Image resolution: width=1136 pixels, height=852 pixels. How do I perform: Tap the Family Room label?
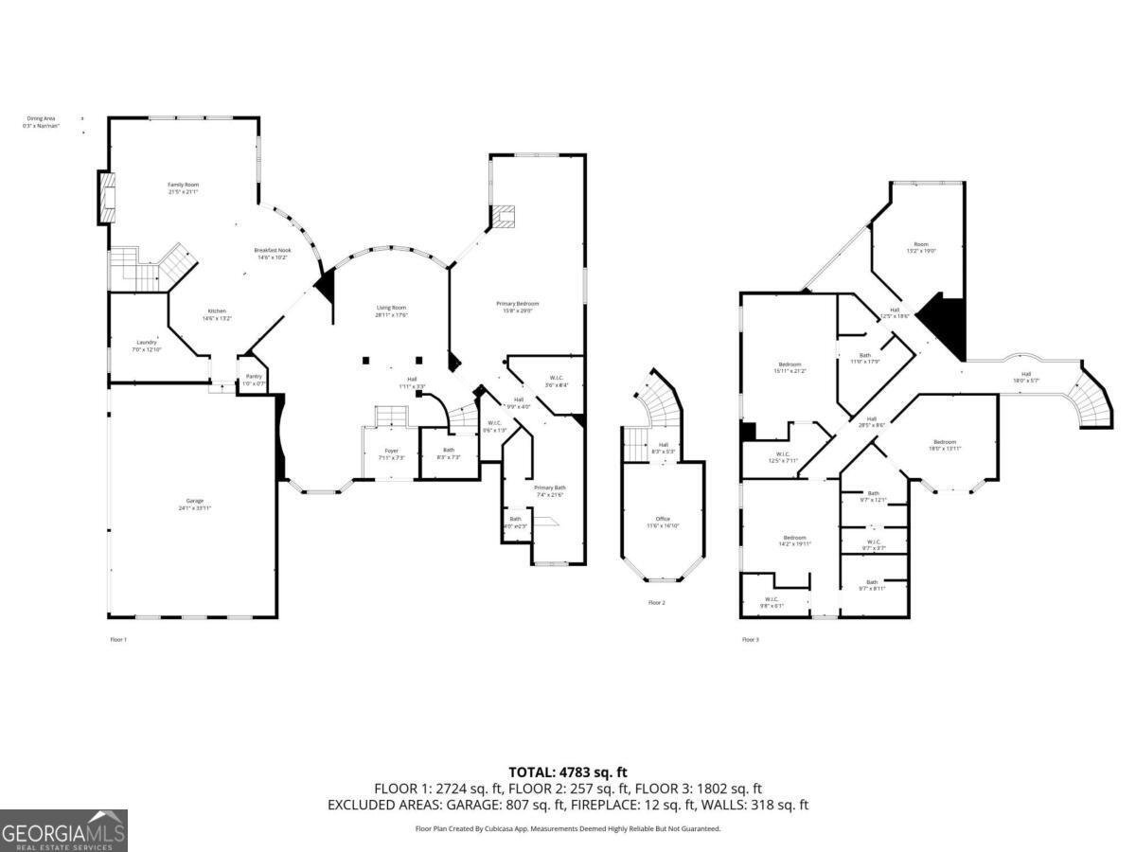tap(184, 187)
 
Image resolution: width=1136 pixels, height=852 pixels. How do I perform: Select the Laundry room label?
tap(146, 346)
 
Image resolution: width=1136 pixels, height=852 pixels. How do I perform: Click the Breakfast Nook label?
tap(271, 253)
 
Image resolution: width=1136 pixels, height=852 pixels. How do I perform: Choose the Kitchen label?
tap(217, 314)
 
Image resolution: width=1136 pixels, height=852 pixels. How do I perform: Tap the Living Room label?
tap(391, 311)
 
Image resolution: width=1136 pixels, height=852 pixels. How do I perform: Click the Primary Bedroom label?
tap(518, 307)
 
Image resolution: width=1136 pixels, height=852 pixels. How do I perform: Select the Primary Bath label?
tap(549, 490)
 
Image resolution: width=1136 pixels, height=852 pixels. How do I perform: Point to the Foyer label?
tap(391, 453)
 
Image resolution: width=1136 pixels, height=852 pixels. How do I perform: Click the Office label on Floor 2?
tap(663, 522)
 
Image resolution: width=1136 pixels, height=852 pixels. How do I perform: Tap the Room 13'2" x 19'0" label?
tap(921, 248)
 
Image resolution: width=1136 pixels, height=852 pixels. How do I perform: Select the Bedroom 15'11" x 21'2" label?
tap(790, 367)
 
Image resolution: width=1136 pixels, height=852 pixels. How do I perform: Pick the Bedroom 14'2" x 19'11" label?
tap(794, 541)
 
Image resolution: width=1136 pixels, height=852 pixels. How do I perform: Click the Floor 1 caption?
tap(118, 640)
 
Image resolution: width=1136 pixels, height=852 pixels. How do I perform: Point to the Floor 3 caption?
tap(750, 640)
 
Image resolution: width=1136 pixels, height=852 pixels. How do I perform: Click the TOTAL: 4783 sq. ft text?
tap(568, 772)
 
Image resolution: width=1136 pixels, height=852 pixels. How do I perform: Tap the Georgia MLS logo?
tap(63, 830)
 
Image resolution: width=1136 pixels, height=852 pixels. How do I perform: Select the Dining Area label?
tap(42, 121)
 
